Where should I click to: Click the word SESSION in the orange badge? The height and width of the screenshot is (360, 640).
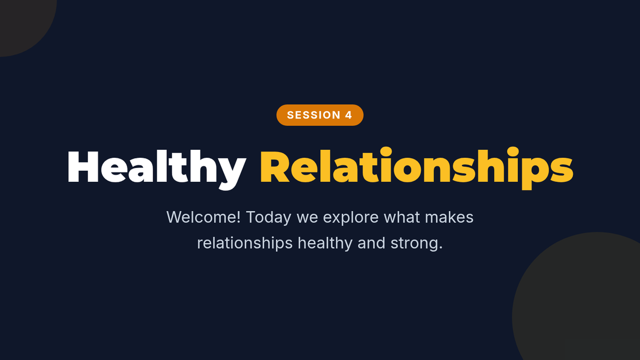tap(314, 115)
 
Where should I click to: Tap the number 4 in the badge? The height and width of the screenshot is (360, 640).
tap(348, 115)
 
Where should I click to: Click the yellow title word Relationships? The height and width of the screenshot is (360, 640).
tap(417, 169)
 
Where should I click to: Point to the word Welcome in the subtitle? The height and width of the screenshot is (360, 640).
tap(201, 217)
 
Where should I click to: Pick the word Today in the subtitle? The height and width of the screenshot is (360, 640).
tap(269, 218)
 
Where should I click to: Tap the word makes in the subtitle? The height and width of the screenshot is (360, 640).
tap(449, 217)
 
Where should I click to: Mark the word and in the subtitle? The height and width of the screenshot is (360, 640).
tap(371, 243)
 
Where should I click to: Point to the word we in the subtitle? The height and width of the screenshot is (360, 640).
tap(307, 219)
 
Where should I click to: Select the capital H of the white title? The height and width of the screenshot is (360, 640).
tap(83, 166)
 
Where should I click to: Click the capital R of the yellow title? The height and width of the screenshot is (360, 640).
tap(275, 166)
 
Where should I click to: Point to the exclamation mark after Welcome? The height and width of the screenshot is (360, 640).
tap(238, 217)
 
